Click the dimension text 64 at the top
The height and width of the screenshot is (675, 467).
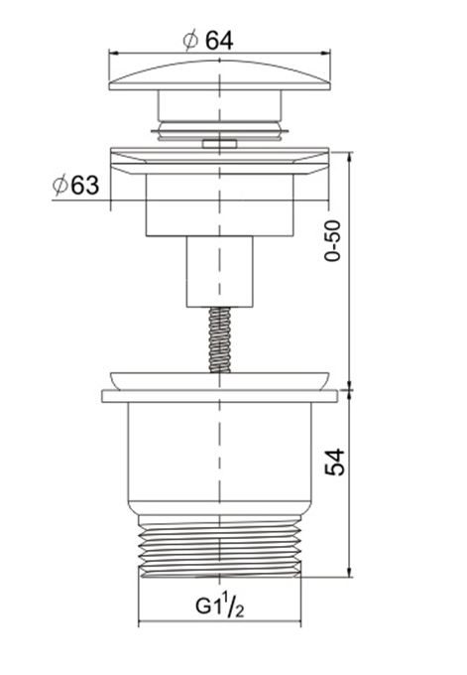tap(219, 41)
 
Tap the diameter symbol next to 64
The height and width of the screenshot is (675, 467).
tap(190, 40)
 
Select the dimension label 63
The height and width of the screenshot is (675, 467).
tap(84, 185)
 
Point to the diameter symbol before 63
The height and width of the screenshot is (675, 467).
tap(60, 185)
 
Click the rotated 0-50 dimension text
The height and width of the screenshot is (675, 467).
tap(333, 240)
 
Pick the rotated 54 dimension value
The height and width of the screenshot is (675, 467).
tap(334, 462)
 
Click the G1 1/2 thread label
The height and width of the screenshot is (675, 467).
tap(220, 607)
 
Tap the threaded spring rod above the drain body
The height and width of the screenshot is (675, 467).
tap(219, 339)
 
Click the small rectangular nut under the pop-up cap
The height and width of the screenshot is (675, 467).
tap(219, 143)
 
